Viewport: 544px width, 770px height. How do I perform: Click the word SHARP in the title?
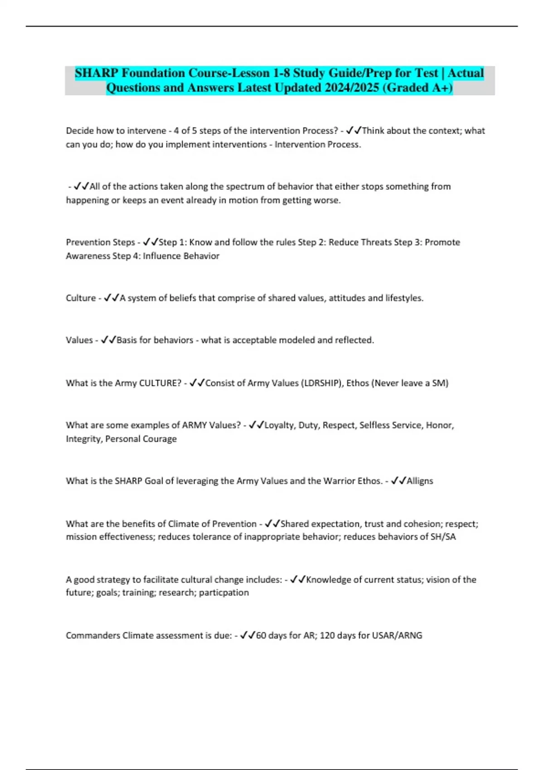pos(96,73)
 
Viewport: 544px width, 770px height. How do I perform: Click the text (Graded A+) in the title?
pos(418,87)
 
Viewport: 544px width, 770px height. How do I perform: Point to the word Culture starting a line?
pos(81,298)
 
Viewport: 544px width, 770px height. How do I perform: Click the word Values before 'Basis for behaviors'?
pos(79,340)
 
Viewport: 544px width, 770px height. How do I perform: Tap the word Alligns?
pos(420,481)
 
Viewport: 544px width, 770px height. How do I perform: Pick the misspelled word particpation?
pos(224,592)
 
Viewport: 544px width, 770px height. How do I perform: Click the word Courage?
pos(159,439)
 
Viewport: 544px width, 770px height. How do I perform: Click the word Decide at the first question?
pos(80,131)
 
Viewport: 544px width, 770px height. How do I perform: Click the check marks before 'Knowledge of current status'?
pos(298,580)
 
